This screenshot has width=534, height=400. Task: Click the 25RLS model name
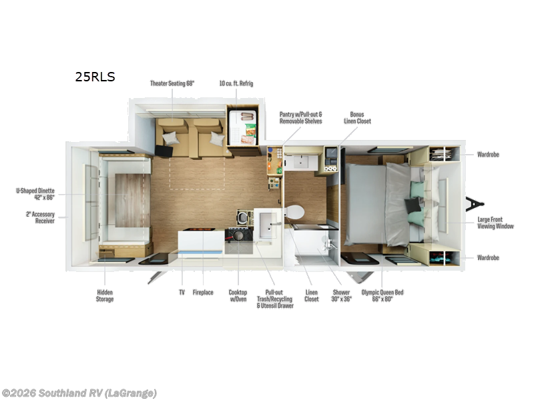(x=95, y=77)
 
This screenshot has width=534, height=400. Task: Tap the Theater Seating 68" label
(x=172, y=83)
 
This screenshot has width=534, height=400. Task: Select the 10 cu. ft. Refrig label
(x=236, y=83)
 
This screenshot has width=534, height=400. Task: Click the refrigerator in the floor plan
(x=242, y=127)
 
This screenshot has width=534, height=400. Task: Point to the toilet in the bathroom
(x=294, y=213)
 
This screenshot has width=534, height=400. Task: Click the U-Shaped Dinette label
(x=35, y=194)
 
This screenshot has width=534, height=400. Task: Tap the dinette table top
(x=132, y=201)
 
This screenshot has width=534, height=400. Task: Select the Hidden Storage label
(x=105, y=295)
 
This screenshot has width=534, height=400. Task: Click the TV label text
(x=182, y=292)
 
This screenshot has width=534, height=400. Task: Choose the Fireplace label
(x=203, y=292)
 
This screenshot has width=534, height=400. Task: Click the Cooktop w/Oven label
(x=238, y=295)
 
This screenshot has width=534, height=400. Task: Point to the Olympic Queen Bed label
(x=382, y=295)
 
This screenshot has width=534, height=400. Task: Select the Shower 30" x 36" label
(x=341, y=295)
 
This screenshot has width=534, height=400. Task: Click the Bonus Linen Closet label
(x=357, y=118)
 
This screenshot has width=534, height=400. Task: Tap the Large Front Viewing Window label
(x=495, y=223)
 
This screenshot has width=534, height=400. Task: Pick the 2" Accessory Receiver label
(x=40, y=217)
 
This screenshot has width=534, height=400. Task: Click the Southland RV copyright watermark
(x=79, y=393)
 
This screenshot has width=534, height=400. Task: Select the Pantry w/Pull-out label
(x=301, y=118)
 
